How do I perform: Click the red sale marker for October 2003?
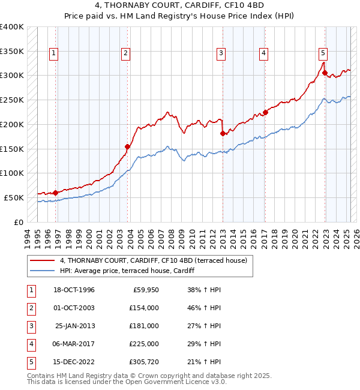[127, 146]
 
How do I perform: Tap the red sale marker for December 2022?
[325, 73]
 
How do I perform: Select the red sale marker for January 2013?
[223, 133]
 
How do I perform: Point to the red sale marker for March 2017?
[265, 112]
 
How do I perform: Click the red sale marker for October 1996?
[55, 193]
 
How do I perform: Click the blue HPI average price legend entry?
[127, 271]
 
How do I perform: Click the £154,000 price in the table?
[143, 308]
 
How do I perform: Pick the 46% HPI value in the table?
[200, 308]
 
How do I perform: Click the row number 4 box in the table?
[30, 344]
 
